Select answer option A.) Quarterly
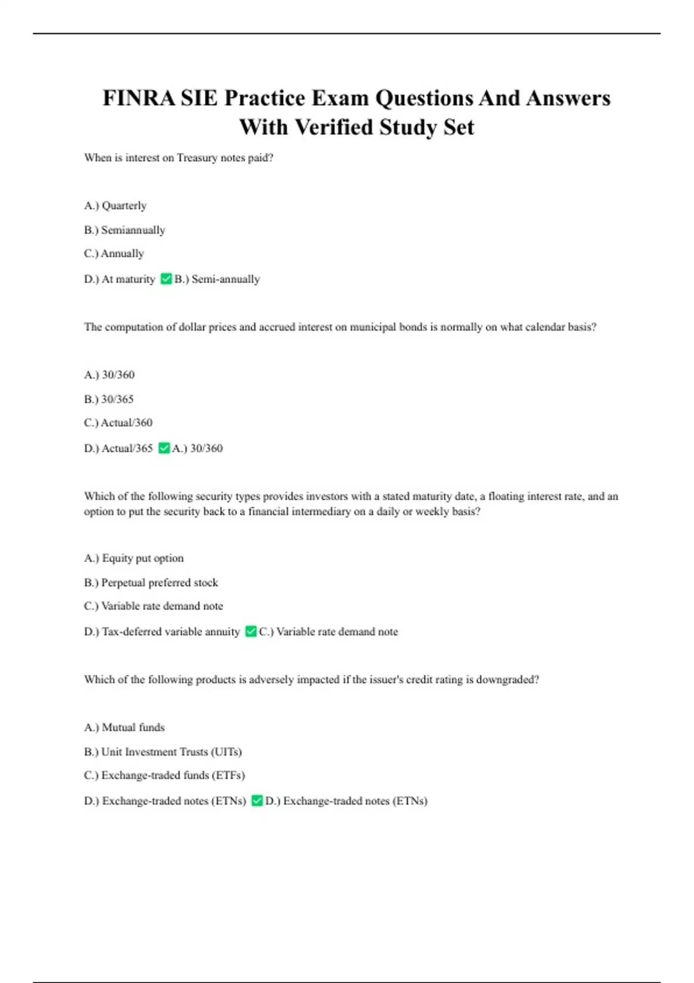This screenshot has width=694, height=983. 115,206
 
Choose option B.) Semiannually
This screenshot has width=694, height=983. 124,230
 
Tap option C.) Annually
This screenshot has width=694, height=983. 114,254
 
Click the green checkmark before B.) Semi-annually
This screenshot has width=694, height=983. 166,279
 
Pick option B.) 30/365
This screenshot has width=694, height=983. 109,400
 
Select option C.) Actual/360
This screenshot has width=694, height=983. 118,423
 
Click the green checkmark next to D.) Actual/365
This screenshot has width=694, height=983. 164,448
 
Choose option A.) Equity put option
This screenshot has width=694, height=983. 134,559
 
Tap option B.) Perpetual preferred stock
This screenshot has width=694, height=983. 151,583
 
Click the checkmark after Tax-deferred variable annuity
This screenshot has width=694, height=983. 250,631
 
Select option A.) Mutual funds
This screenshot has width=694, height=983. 124,727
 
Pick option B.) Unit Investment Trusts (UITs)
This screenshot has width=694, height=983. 163,752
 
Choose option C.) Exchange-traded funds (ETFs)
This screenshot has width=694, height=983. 164,775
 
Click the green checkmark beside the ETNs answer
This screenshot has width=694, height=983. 257,801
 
